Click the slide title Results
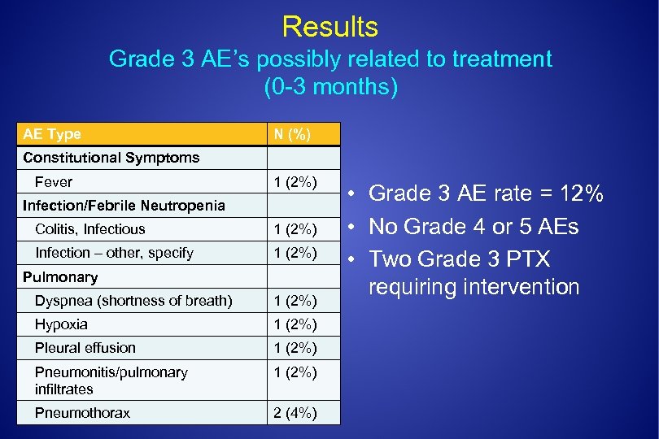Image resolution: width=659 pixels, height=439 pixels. [329, 27]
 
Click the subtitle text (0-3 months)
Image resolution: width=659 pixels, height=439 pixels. [330, 86]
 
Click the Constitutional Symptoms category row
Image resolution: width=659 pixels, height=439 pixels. [111, 158]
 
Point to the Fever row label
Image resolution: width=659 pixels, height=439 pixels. [54, 182]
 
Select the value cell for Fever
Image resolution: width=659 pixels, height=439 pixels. [295, 182]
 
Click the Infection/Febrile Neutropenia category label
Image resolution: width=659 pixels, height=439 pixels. [124, 206]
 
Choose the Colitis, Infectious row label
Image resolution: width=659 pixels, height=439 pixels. [89, 229]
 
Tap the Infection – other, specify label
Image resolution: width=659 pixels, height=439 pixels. [114, 253]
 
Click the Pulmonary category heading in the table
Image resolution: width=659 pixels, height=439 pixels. [60, 277]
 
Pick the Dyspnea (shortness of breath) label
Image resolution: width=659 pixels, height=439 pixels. [133, 301]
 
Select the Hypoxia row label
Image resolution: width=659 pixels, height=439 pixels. [61, 324]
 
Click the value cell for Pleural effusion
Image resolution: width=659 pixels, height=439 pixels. [295, 348]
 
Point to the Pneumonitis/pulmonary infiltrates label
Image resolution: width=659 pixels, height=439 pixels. [111, 380]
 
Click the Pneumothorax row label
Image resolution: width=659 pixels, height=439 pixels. [82, 413]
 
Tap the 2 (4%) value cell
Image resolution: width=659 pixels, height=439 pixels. [295, 413]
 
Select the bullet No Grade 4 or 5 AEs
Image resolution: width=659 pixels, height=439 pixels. [474, 226]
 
